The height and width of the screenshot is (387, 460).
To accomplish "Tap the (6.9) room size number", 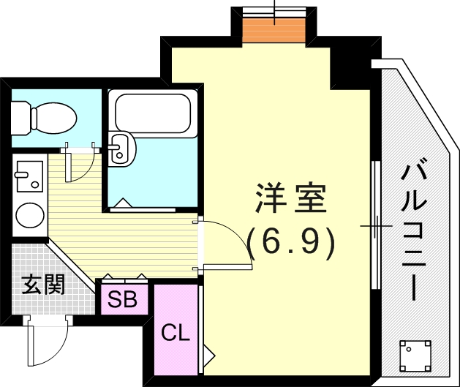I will pyautogui.click(x=290, y=241).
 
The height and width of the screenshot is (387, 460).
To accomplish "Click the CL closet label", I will pyautogui.click(x=176, y=334).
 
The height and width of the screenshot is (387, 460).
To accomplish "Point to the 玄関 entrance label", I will pyautogui.click(x=42, y=284).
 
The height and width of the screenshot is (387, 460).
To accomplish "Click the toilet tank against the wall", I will pyautogui.click(x=20, y=115).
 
